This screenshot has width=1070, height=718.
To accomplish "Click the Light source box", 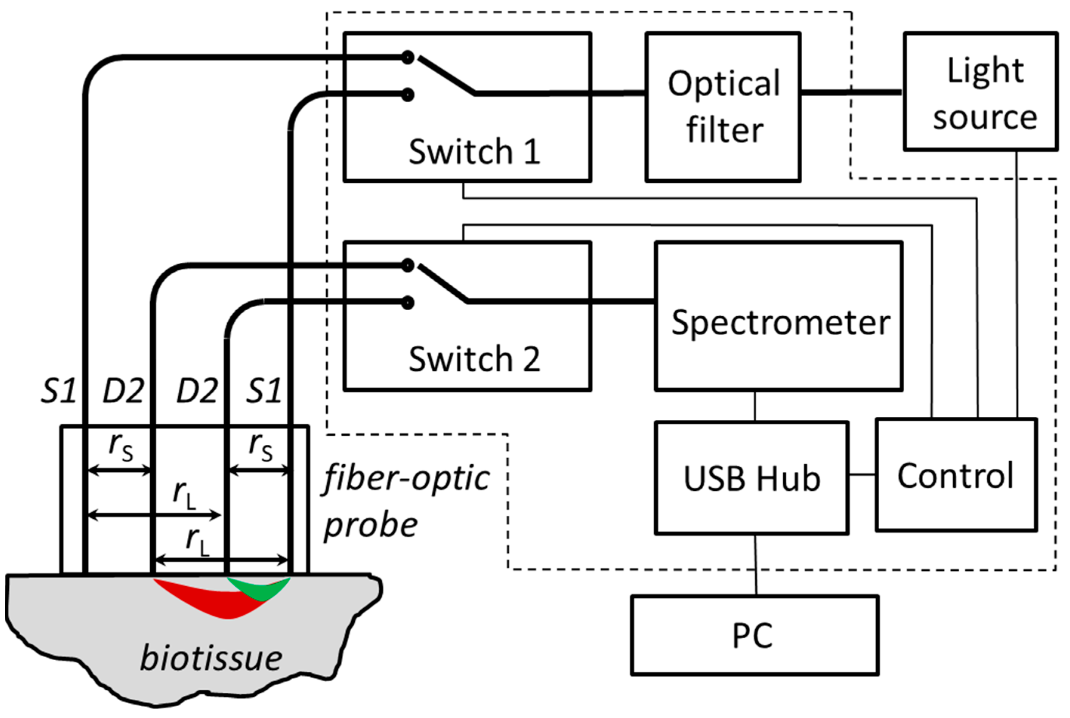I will pos(980,92).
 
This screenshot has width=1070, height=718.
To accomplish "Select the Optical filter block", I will pos(723,107).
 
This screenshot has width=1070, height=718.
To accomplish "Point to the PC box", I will pos(754,635).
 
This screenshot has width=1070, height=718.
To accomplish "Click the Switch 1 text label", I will pos(474,152).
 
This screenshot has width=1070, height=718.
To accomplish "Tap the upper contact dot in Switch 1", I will pos(407,58).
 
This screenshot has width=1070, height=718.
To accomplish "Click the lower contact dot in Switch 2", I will pos(407,303).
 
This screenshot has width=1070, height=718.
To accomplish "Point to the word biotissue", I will pos(211,658).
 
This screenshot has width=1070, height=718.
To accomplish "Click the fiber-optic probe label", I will pos(405,501).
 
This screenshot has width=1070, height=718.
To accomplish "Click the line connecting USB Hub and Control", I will pos(862,475).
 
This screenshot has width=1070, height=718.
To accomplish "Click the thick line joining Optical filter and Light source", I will pos(852,92).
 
